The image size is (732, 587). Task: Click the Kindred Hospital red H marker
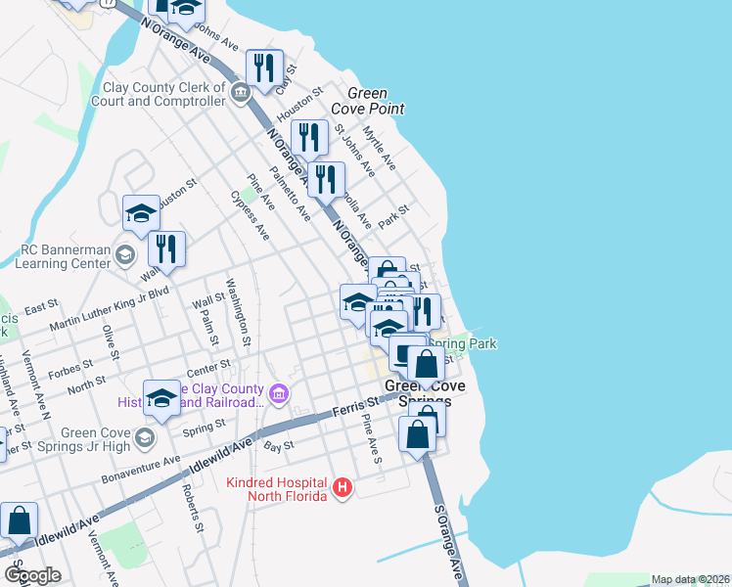coord(342,487)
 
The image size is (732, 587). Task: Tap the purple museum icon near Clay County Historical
coord(279,394)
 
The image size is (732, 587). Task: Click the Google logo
coord(32,575)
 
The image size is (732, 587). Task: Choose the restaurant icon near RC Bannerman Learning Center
coord(166,250)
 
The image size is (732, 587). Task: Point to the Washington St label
coord(239,313)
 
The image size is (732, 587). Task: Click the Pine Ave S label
coord(372,437)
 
